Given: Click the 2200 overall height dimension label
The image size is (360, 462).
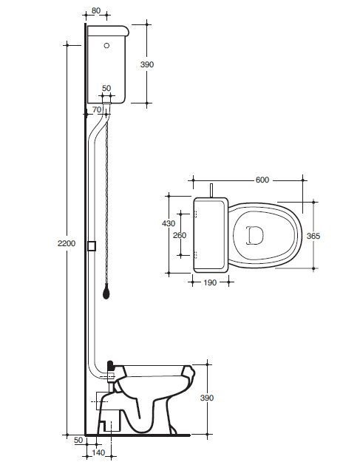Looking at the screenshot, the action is pos(67,243).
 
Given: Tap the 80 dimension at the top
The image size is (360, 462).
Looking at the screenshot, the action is pos(96,10).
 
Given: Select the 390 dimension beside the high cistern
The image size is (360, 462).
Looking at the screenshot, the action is pos(146,64).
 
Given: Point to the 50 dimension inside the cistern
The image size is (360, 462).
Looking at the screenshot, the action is pos(106,88).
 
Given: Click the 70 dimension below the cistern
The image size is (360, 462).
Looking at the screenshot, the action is pos(97,109).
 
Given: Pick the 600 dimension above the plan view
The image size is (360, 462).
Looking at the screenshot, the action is pos(262,180).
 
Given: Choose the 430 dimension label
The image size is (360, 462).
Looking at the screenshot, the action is pos(169,223).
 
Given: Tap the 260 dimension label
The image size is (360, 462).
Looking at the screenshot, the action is pos(180,235).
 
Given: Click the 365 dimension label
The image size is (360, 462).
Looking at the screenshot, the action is pos(313,236).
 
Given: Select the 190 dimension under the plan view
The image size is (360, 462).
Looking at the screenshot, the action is pos(210,282).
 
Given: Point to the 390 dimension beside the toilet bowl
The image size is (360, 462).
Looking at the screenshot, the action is pos(206,398).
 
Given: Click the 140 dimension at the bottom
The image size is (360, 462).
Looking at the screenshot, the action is pos(98,452).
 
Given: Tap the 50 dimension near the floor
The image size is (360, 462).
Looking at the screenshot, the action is pos(78,441).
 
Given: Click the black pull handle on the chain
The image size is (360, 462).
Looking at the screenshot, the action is pos(106,292).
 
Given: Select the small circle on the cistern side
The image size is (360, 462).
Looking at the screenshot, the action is pos(106,45).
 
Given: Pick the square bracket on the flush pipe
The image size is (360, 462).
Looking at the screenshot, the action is pos(92,245).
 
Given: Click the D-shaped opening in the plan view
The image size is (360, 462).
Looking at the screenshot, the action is pos(254,235).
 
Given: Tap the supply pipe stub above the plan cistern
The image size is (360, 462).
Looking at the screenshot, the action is pos(211,190).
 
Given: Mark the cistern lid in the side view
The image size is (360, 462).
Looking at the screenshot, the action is pos(108,30).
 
